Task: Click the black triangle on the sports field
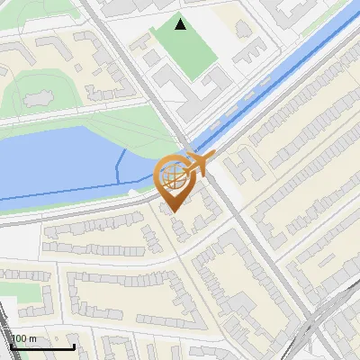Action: pos(181,25)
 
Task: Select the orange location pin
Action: pos(174,180)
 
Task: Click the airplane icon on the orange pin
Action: pos(200,163)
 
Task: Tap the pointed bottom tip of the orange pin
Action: pos(174,211)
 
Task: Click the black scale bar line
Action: pos(40,346)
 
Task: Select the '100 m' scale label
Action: pos(23,338)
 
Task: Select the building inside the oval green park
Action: pos(39,93)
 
